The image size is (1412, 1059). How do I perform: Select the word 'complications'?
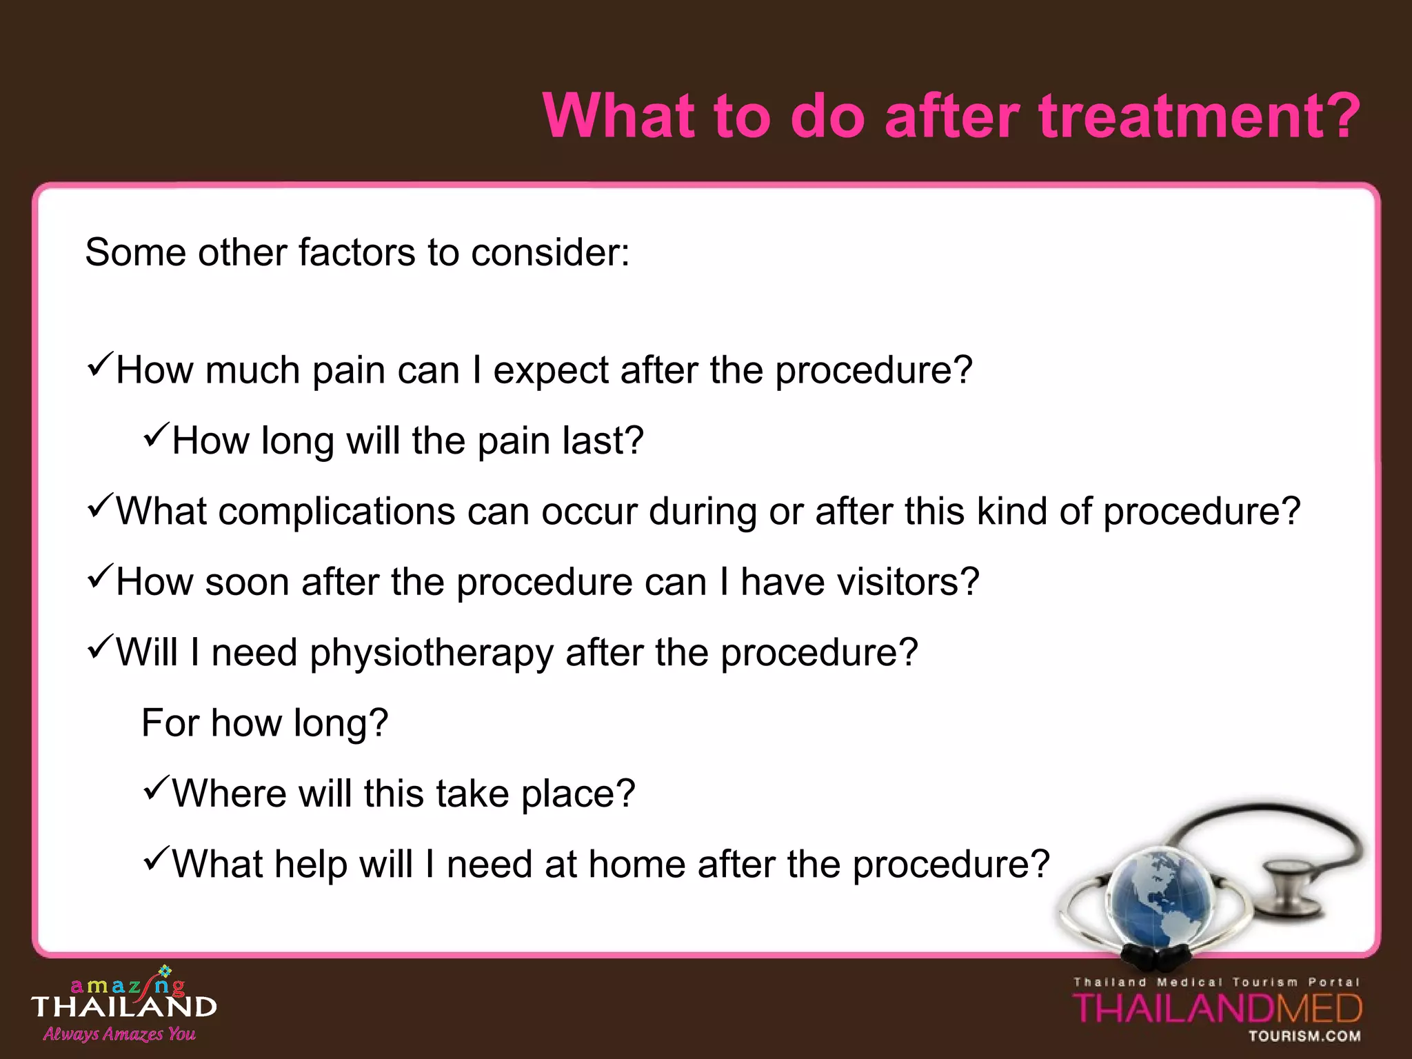coord(337,512)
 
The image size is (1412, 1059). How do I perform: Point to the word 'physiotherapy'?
coord(431,653)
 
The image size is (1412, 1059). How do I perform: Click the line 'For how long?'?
coord(265,723)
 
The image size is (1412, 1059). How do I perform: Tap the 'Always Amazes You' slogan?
coord(119,1033)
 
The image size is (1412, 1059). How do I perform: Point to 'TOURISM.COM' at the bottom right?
coord(1304,1036)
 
